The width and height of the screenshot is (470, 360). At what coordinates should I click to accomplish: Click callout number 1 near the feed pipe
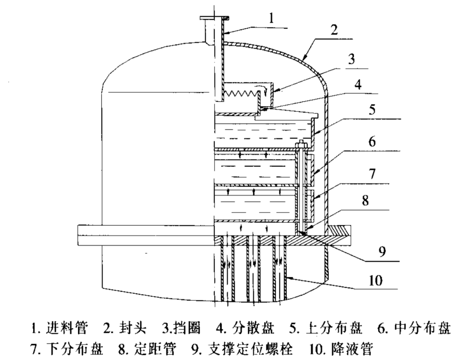click(x=271, y=18)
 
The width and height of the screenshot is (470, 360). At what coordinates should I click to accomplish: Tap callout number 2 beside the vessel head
click(x=334, y=30)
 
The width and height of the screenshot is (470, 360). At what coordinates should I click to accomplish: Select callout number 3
click(x=351, y=59)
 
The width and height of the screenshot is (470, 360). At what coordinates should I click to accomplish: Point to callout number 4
click(x=358, y=85)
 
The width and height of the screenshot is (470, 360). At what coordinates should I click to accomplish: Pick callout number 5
click(x=372, y=110)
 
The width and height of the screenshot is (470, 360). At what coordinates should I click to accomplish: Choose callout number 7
click(x=372, y=173)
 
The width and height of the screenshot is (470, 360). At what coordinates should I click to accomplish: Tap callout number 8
click(x=365, y=200)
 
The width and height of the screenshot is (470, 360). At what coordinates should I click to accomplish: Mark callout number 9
click(x=382, y=252)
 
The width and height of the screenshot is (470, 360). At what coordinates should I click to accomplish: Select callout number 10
click(x=375, y=281)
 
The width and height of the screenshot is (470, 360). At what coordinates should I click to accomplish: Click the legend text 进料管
click(x=67, y=328)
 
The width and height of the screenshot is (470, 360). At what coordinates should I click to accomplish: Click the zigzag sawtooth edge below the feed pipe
click(x=241, y=94)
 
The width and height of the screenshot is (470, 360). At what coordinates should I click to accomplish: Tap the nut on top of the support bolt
click(x=301, y=146)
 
